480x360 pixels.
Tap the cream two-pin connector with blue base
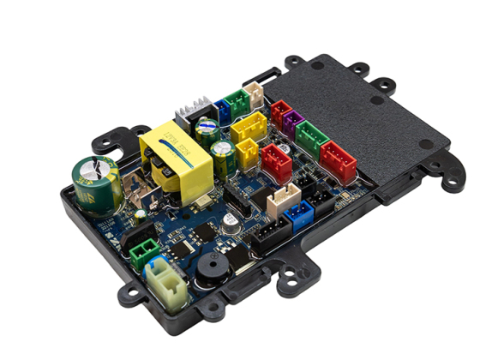(163, 279)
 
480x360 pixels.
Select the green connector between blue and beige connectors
(237, 102)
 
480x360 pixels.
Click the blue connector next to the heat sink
(221, 111)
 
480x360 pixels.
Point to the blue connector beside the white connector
(300, 213)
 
